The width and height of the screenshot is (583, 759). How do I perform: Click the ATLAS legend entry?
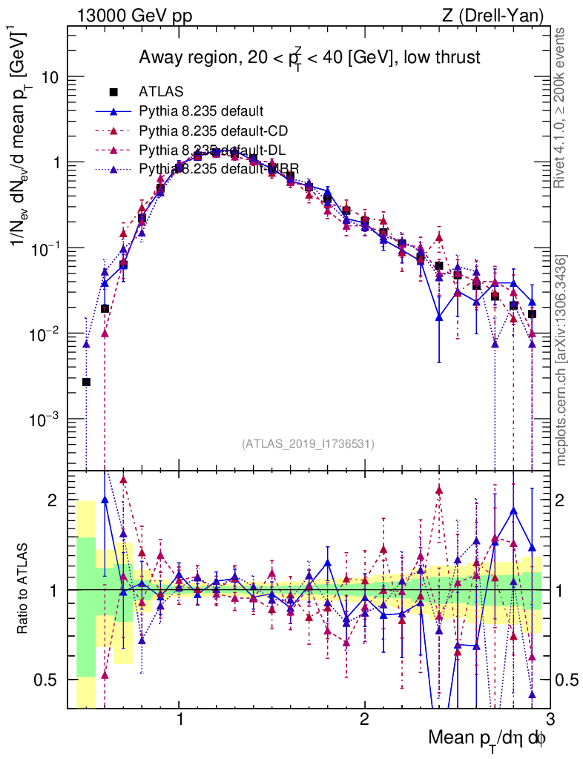point(157,93)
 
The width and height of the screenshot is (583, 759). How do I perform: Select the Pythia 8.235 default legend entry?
point(201,112)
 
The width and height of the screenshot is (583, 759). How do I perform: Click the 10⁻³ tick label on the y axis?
point(42,420)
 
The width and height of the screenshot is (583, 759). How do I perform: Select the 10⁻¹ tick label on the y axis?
point(42,248)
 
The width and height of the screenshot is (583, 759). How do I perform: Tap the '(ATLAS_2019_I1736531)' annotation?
point(308,444)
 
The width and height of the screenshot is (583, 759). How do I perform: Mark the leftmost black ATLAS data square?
point(87,382)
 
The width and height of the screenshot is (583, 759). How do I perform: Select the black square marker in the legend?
point(113,93)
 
